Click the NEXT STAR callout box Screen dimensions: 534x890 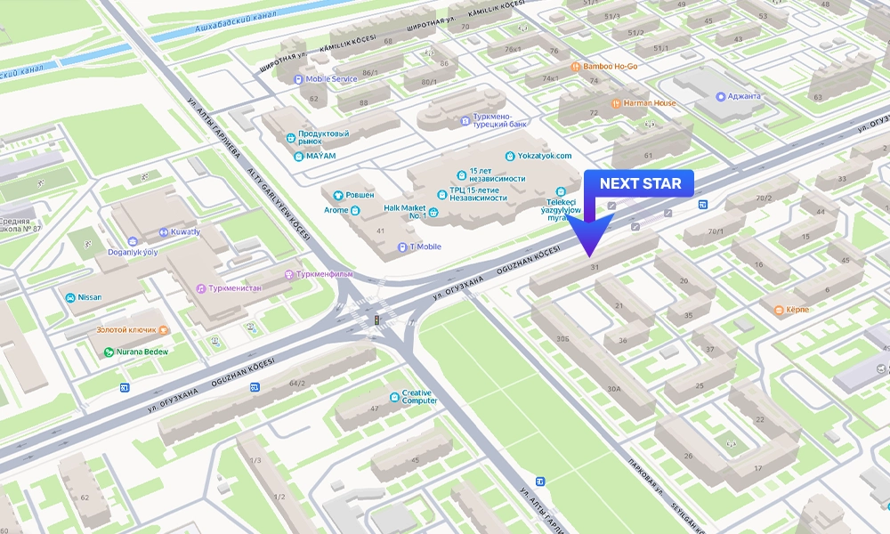[640, 184]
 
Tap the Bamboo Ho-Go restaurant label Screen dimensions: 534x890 [611, 67]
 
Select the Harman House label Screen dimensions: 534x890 [648, 103]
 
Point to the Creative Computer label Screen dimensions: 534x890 [418, 396]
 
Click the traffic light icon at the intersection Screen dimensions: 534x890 [376, 319]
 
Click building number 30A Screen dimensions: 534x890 [613, 389]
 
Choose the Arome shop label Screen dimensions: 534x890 [336, 211]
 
